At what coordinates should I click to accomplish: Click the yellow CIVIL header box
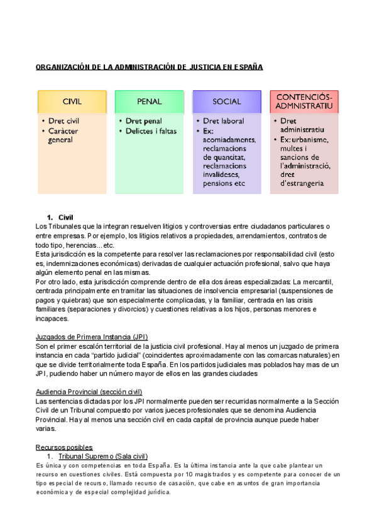click(72, 101)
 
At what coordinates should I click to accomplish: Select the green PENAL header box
click(149, 101)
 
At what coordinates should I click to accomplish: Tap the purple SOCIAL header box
click(226, 101)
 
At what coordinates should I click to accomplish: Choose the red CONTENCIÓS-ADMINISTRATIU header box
click(303, 101)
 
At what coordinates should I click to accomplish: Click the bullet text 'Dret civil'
click(63, 121)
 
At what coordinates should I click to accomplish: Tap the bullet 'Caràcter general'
click(63, 136)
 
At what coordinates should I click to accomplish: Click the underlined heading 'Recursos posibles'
click(65, 447)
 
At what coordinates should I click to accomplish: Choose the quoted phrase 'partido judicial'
click(99, 355)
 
